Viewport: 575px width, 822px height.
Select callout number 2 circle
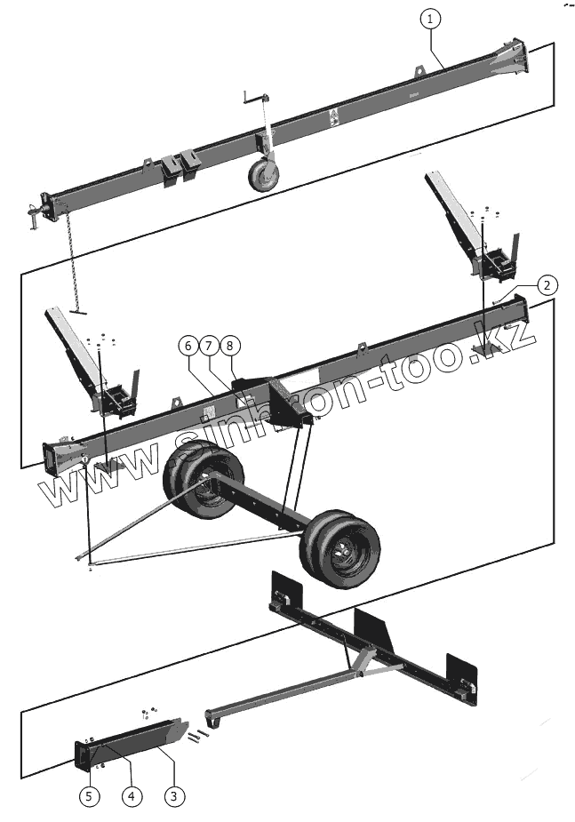pos(547,285)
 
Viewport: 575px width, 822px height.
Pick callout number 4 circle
pos(132,795)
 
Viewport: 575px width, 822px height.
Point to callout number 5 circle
pos(89,795)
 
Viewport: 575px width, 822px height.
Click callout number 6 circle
pos(188,344)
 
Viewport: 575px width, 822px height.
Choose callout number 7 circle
pos(209,344)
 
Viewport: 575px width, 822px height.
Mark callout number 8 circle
pos(230,344)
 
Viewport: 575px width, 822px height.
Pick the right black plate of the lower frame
pos(462,679)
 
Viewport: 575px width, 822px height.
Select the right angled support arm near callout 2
pos(454,208)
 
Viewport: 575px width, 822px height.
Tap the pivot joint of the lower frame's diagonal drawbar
pos(361,673)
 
